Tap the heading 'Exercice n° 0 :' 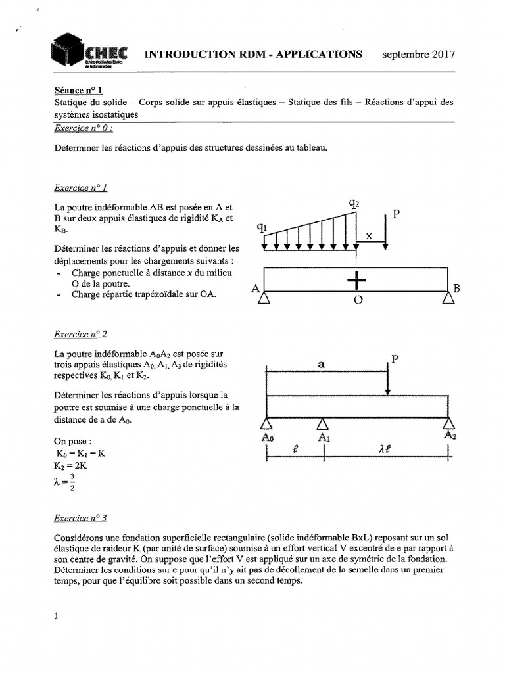[x=84, y=129]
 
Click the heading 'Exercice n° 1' [x=81, y=188]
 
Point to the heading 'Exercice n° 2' [x=81, y=334]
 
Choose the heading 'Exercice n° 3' [x=81, y=518]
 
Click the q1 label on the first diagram [x=262, y=227]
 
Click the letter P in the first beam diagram [x=395, y=214]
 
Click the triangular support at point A [x=264, y=298]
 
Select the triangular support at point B [x=448, y=298]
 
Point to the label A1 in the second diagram [x=324, y=437]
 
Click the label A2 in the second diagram [x=450, y=435]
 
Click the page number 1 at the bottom [x=57, y=616]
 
